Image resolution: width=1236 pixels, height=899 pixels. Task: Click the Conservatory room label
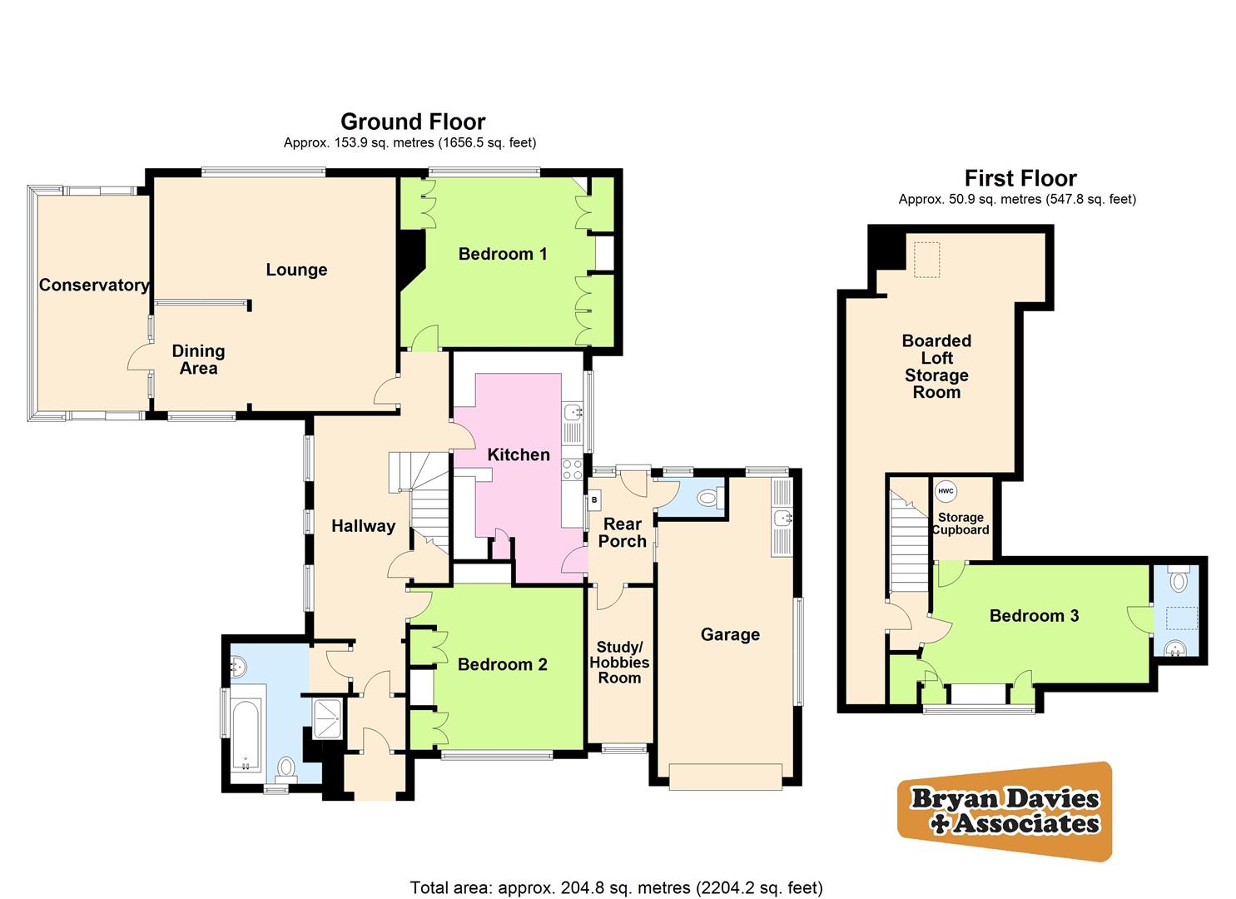[x=94, y=286]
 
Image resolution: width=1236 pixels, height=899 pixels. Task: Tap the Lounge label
[x=296, y=270]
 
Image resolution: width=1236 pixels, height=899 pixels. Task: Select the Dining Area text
[x=198, y=360]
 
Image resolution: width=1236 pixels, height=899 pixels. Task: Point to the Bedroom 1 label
[x=503, y=254]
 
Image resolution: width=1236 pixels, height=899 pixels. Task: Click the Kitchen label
[x=518, y=454]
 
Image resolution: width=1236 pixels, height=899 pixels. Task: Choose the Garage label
[x=730, y=634]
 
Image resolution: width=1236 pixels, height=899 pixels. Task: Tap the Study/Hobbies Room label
[x=619, y=663]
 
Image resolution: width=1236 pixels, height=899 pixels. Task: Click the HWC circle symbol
[x=946, y=491]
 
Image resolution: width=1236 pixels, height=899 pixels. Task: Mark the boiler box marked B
[x=594, y=501]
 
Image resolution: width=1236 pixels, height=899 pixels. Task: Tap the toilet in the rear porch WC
[x=707, y=499]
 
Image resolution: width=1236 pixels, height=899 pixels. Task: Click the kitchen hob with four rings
[x=572, y=469]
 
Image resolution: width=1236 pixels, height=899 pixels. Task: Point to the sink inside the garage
[x=782, y=519]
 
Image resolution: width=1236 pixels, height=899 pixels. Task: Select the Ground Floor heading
[x=412, y=122]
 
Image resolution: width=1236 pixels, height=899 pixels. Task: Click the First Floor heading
[x=1020, y=178]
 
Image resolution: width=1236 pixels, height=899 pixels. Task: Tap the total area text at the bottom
[x=616, y=887]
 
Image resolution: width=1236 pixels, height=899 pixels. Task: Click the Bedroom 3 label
[x=1034, y=616]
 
